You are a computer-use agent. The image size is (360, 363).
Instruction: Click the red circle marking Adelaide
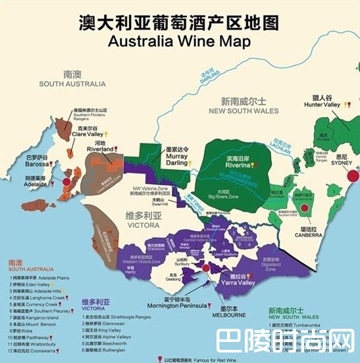pyautogui.click(x=67, y=179)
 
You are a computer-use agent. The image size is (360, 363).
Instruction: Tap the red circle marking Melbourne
pyautogui.click(x=206, y=269)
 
